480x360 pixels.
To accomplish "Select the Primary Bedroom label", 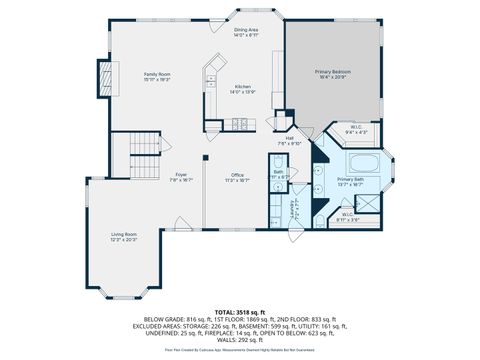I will tap(333, 73).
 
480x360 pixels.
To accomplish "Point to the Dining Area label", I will tap(246, 31).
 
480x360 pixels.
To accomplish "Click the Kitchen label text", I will tap(243, 88).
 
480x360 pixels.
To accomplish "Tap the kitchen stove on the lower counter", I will tap(240, 124).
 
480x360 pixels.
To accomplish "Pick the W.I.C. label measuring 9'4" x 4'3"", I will tap(357, 128).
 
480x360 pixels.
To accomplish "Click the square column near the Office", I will tap(205, 158).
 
